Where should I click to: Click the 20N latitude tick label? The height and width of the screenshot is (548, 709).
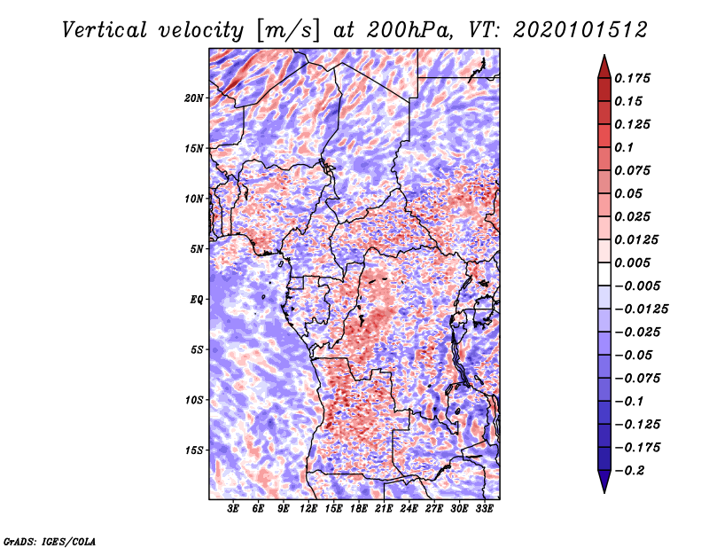pyautogui.click(x=194, y=98)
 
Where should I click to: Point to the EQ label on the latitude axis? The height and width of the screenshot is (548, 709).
pyautogui.click(x=196, y=299)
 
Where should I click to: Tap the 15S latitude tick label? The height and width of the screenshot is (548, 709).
pyautogui.click(x=194, y=450)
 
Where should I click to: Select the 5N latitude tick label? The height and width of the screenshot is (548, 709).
pyautogui.click(x=197, y=248)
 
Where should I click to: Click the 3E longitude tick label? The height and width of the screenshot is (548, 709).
pyautogui.click(x=234, y=509)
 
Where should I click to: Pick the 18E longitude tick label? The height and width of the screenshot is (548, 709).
pyautogui.click(x=359, y=509)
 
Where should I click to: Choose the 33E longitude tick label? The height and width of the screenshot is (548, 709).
pyautogui.click(x=484, y=509)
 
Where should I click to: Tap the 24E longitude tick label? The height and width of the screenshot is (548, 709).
pyautogui.click(x=409, y=509)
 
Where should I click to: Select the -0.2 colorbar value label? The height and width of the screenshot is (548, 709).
pyautogui.click(x=630, y=471)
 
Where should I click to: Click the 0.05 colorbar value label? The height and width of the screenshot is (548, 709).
pyautogui.click(x=629, y=193)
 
